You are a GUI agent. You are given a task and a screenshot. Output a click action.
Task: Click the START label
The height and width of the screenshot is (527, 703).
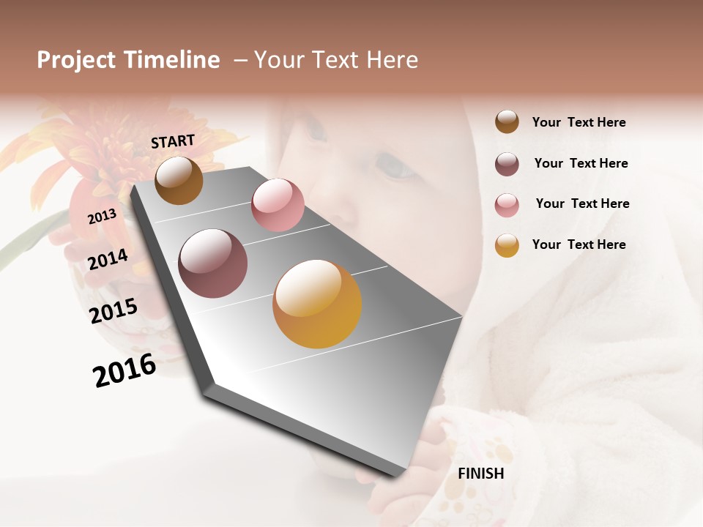pyautogui.click(x=173, y=141)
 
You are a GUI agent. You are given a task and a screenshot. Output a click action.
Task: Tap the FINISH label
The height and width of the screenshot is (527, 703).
pyautogui.click(x=480, y=474)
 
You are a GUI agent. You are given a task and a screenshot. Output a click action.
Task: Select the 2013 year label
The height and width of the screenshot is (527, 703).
pyautogui.click(x=102, y=216)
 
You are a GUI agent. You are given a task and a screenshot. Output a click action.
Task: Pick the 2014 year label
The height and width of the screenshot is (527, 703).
pyautogui.click(x=108, y=259)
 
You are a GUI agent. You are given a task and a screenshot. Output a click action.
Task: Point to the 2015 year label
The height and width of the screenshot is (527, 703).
pyautogui.click(x=114, y=311)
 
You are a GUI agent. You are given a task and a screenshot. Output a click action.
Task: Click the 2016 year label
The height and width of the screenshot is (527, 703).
pyautogui.click(x=124, y=370)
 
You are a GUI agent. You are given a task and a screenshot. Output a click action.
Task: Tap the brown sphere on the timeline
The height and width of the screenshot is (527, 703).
pyautogui.click(x=179, y=180)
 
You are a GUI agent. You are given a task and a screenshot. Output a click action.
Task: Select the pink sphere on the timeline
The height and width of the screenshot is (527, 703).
pyautogui.click(x=278, y=205)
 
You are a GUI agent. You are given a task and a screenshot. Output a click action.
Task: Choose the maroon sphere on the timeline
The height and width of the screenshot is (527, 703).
pyautogui.click(x=213, y=263)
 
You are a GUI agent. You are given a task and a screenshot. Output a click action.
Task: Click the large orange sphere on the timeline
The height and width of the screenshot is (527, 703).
pyautogui.click(x=317, y=304)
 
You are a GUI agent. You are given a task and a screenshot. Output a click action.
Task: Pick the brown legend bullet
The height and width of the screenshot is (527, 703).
pyautogui.click(x=507, y=122)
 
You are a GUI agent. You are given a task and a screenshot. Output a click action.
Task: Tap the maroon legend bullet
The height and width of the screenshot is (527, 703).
pyautogui.click(x=507, y=164)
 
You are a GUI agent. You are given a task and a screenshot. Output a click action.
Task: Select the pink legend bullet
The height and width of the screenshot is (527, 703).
pyautogui.click(x=507, y=204)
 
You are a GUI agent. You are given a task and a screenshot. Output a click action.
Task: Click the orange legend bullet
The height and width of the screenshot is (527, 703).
pyautogui.click(x=507, y=245)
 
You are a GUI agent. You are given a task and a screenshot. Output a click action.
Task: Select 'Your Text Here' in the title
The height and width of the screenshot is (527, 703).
pyautogui.click(x=335, y=60)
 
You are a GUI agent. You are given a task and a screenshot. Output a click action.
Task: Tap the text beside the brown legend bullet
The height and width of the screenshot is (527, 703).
pyautogui.click(x=579, y=123)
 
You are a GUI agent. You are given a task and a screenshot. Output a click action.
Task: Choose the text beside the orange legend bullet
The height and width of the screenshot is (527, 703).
pyautogui.click(x=579, y=244)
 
